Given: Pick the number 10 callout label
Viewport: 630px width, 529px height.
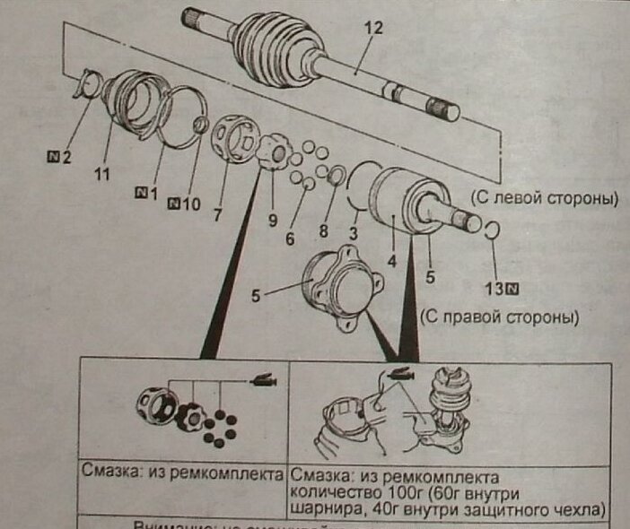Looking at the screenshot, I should coord(190,204).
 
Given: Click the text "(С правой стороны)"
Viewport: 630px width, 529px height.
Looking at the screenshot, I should coord(498,317).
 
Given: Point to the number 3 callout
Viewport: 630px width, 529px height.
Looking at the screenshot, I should coord(354,232).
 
